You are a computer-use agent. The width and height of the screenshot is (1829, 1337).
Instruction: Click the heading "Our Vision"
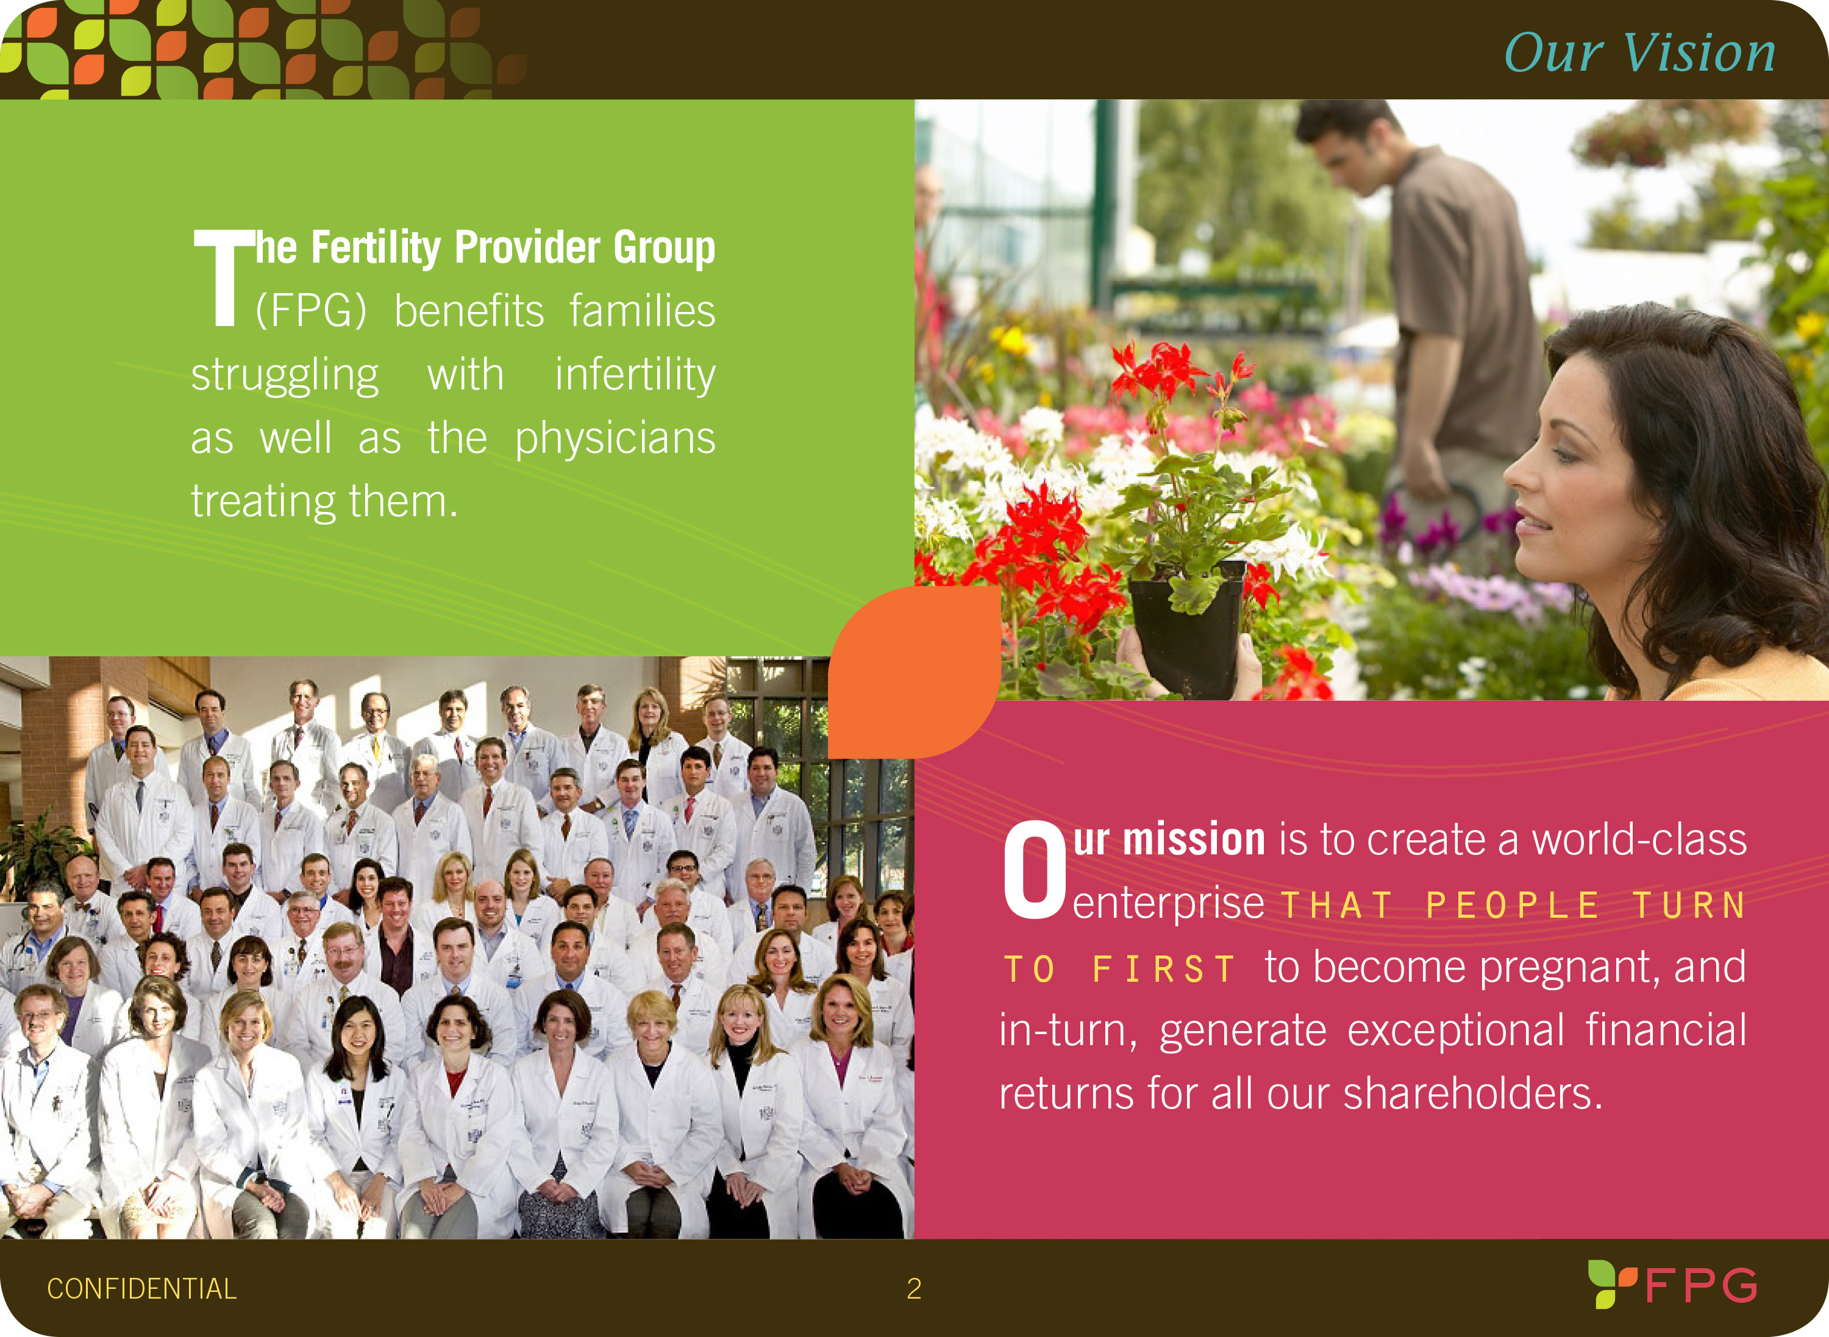[1639, 54]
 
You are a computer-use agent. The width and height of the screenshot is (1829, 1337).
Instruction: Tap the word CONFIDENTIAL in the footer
[141, 1288]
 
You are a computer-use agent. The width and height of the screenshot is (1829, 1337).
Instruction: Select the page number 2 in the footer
[914, 1288]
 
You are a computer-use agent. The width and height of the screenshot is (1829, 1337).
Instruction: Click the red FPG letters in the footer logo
[1701, 1285]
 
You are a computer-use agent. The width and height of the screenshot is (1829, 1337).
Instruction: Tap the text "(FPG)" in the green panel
[311, 311]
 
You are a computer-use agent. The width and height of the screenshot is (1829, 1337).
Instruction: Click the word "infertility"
[635, 375]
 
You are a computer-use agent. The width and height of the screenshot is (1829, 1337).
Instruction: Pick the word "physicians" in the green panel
[615, 439]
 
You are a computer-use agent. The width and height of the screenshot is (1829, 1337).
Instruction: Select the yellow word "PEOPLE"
[1513, 906]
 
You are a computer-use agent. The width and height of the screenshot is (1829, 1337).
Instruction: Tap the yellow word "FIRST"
[1163, 970]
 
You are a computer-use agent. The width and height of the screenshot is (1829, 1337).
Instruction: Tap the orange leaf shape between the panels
[914, 672]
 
